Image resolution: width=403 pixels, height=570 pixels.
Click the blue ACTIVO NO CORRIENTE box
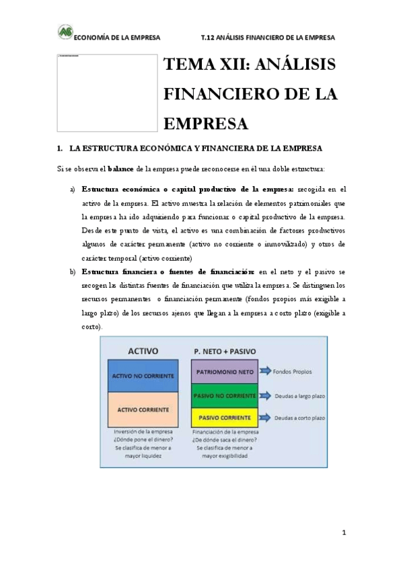coord(141,375)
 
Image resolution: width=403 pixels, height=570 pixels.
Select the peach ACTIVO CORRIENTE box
coord(141,408)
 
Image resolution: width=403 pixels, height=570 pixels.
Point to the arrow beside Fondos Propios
coord(263,370)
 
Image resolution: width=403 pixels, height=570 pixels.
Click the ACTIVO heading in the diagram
coord(143,350)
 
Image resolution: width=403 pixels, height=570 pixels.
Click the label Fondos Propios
coord(293,370)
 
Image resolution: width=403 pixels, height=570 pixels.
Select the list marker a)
coord(73,190)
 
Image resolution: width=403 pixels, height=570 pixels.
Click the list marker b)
coord(73,272)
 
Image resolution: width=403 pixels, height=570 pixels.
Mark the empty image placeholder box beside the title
coord(106,92)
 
